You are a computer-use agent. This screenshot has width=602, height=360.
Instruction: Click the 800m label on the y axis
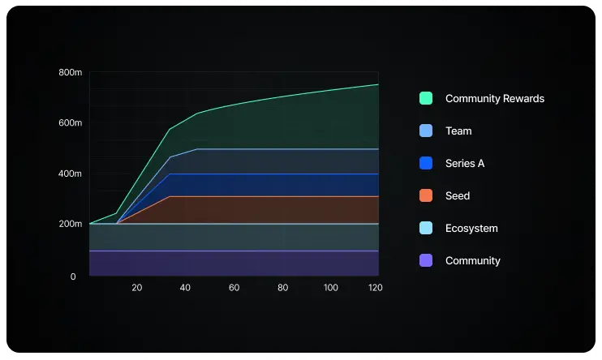pos(71,73)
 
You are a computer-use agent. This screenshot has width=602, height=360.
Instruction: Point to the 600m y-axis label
pos(71,123)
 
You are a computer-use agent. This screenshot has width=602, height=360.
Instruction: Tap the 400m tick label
pos(71,174)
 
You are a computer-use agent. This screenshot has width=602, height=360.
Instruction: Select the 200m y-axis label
pos(71,224)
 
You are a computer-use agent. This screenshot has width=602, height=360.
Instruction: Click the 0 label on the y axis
pos(73,276)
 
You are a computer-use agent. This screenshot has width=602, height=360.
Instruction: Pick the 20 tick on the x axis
pos(136,288)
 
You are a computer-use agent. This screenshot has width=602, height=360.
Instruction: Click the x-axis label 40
pos(185,288)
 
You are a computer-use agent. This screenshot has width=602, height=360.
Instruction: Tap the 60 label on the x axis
pos(234,288)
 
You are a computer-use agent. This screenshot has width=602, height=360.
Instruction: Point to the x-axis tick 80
pos(282,288)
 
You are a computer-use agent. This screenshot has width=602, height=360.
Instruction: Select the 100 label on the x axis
pos(331,288)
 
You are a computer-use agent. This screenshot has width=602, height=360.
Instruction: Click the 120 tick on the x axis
pos(374,288)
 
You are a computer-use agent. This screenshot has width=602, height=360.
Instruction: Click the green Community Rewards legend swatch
pos(426,98)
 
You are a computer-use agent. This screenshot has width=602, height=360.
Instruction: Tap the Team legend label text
pos(458,131)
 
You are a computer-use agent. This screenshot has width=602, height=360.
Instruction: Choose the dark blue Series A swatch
pos(426,163)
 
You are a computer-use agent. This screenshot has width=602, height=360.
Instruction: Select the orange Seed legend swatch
pos(426,195)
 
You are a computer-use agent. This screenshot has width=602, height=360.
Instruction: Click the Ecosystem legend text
pos(471,228)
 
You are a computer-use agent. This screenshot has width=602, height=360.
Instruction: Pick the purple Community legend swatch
pos(426,260)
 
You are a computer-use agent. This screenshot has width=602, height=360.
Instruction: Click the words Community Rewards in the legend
pos(495,98)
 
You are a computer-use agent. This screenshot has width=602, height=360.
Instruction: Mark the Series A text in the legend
pos(465,163)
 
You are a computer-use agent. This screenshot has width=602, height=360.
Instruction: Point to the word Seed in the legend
pos(458,195)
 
